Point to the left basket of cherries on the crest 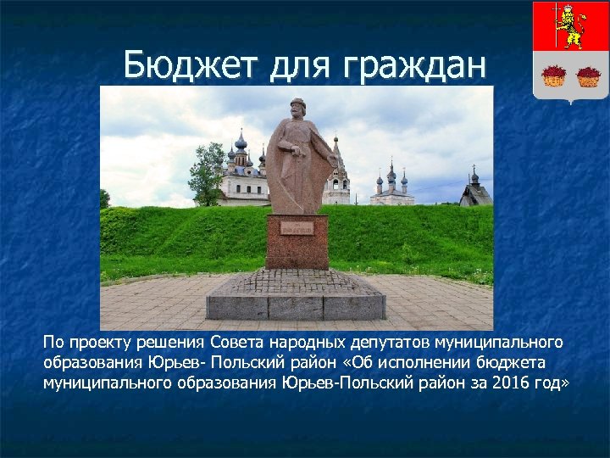coord(554,76)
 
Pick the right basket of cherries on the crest coord(589,76)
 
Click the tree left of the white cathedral coord(206,174)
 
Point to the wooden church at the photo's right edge coord(476,192)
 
